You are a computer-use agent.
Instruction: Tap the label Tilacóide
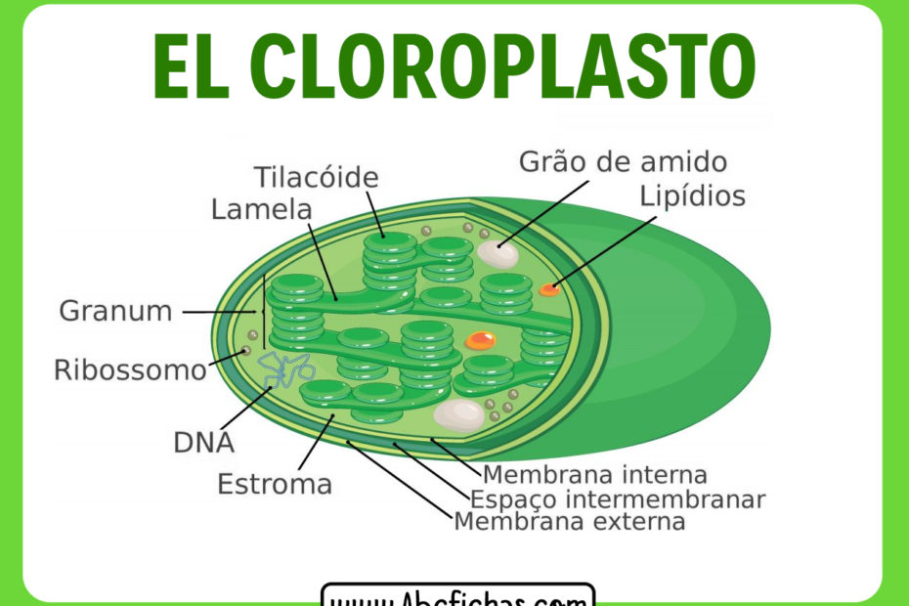pyautogui.click(x=316, y=178)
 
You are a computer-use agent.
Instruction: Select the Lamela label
pyautogui.click(x=261, y=209)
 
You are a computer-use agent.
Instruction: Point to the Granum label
pyautogui.click(x=115, y=311)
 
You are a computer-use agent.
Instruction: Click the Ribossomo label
pyautogui.click(x=130, y=370)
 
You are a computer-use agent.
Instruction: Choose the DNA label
pyautogui.click(x=203, y=442)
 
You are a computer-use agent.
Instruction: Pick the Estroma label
pyautogui.click(x=275, y=484)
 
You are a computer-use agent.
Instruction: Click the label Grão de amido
pyautogui.click(x=623, y=161)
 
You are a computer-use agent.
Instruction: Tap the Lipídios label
pyautogui.click(x=692, y=195)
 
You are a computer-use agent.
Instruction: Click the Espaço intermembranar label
pyautogui.click(x=617, y=499)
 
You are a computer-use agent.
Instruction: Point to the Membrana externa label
pyautogui.click(x=569, y=522)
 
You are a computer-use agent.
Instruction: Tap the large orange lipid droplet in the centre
pyautogui.click(x=480, y=340)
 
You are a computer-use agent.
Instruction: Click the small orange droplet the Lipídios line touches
pyautogui.click(x=549, y=288)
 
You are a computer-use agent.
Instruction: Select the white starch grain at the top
pyautogui.click(x=497, y=253)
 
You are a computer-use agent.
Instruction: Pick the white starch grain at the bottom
pyautogui.click(x=457, y=415)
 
